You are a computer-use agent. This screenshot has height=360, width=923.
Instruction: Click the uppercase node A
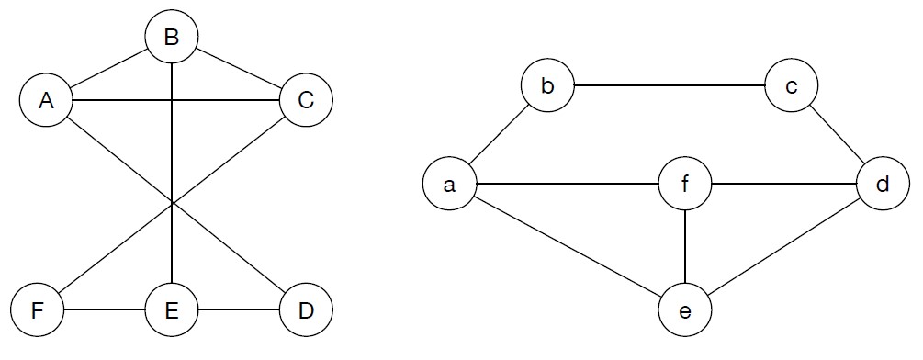45,100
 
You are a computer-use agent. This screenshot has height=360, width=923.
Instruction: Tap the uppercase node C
306,100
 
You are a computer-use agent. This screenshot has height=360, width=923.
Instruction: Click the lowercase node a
449,184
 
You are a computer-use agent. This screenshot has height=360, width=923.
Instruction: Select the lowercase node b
547,87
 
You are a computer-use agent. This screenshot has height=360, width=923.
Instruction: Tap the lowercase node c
791,87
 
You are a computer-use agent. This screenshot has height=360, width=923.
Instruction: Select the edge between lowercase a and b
498,136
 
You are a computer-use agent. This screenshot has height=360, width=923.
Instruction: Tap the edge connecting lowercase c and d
837,135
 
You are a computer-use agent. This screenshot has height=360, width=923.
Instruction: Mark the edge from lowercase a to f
568,184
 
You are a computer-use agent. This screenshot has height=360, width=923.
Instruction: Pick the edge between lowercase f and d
784,184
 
